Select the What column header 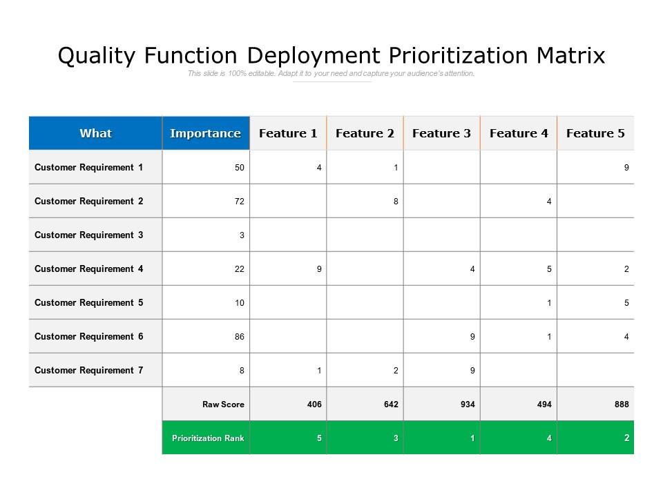pos(95,133)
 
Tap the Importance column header pos(205,133)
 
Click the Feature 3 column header pos(441,133)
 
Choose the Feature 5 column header pos(595,133)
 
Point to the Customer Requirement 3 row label pos(89,235)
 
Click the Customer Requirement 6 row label pos(89,336)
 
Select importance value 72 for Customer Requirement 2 pos(240,202)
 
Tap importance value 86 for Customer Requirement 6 pos(240,337)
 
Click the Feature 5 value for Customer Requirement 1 pos(626,168)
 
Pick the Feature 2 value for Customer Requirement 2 pos(396,202)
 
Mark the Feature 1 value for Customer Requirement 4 pos(319,269)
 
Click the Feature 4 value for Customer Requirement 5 pos(550,303)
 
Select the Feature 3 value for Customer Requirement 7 pos(472,371)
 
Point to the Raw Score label pos(223,405)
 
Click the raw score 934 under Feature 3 pos(468,405)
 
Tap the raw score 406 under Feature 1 pos(314,405)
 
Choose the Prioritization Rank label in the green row pos(208,438)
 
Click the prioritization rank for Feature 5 pos(626,438)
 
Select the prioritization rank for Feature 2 pos(396,438)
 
